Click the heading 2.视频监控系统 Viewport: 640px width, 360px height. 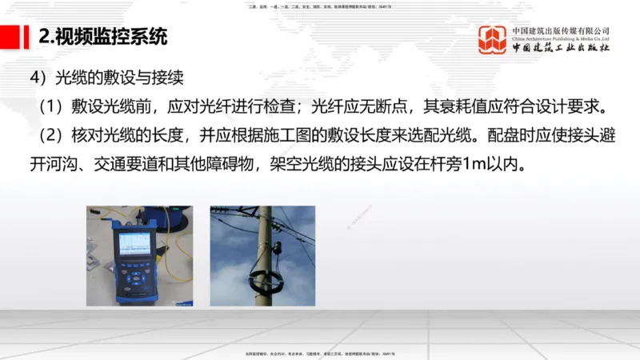[x=103, y=36]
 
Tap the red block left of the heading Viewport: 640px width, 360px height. [x=11, y=36]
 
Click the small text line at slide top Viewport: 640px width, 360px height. [x=320, y=6]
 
